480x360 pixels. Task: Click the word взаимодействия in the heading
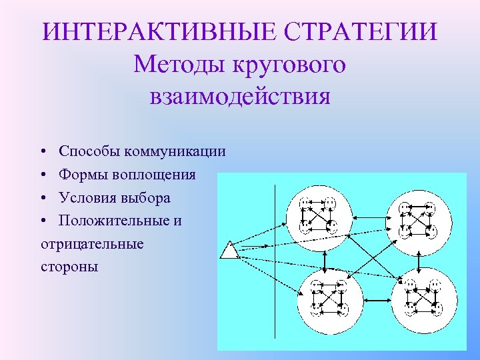tap(239, 97)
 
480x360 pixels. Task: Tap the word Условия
tap(86, 198)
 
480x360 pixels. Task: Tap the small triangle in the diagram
tap(229, 251)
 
